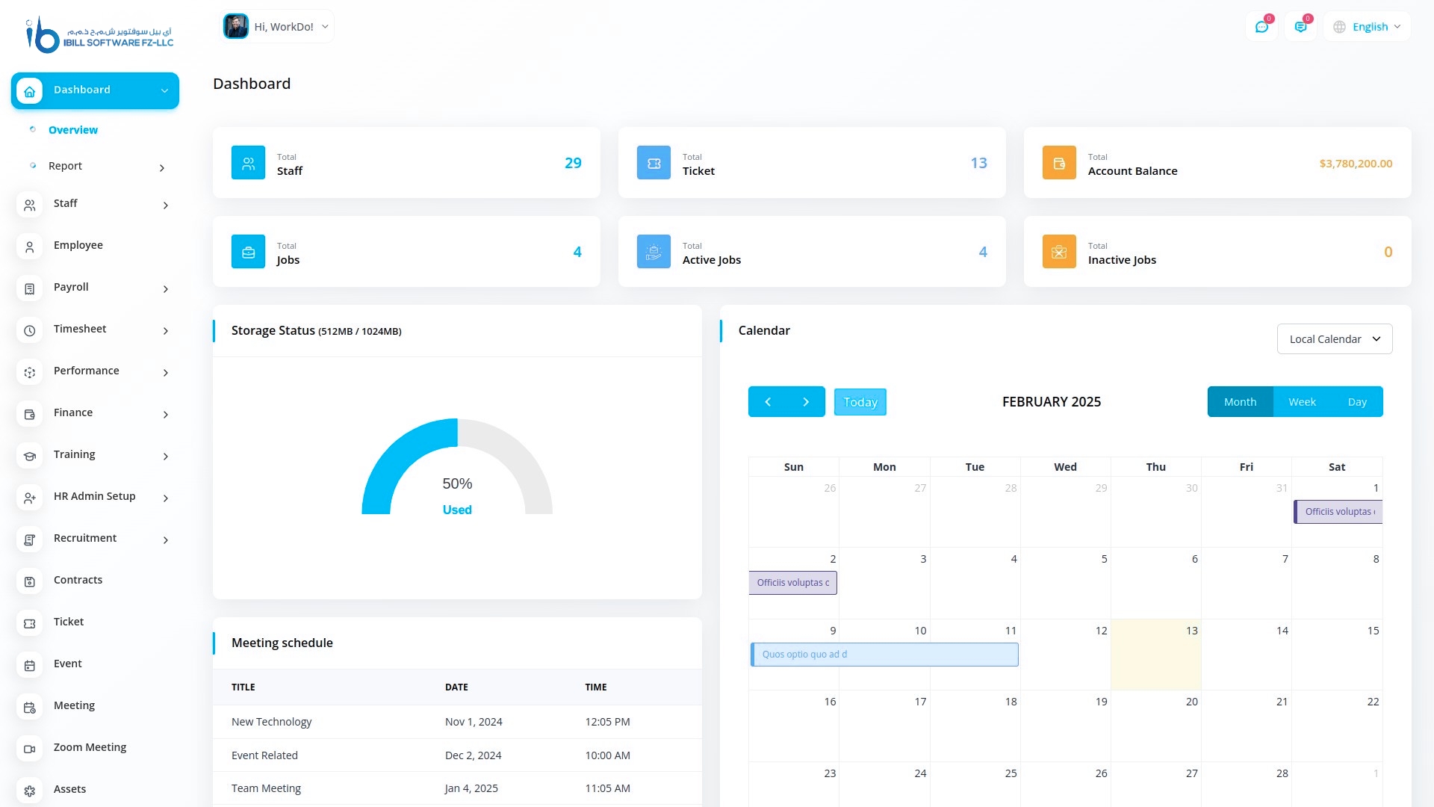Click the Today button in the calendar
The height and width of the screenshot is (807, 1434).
click(x=860, y=402)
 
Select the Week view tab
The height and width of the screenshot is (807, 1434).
click(x=1302, y=402)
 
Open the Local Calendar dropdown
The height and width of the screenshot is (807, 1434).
click(x=1334, y=339)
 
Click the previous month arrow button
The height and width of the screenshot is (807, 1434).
click(x=768, y=402)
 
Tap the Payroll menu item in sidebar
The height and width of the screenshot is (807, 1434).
click(x=71, y=288)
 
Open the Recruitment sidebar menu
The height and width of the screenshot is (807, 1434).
click(x=85, y=539)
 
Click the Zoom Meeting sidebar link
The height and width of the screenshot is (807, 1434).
click(x=90, y=748)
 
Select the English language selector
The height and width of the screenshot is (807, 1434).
click(x=1368, y=27)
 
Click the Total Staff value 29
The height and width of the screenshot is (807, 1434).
click(x=573, y=163)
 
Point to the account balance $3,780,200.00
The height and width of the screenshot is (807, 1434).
click(x=1356, y=164)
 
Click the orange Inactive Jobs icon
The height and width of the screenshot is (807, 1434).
click(x=1059, y=252)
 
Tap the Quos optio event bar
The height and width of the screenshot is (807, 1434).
click(x=884, y=655)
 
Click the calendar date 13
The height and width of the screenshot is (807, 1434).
click(x=1191, y=631)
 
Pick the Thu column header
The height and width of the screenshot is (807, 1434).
click(x=1155, y=467)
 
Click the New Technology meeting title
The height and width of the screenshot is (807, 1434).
click(x=271, y=722)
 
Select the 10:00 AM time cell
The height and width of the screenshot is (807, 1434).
click(x=607, y=755)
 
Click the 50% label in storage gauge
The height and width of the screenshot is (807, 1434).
click(x=457, y=484)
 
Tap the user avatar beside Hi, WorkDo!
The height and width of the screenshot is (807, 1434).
click(x=236, y=27)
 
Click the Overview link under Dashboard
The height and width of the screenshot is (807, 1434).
click(x=72, y=130)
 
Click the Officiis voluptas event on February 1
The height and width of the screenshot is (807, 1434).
click(x=1338, y=512)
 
